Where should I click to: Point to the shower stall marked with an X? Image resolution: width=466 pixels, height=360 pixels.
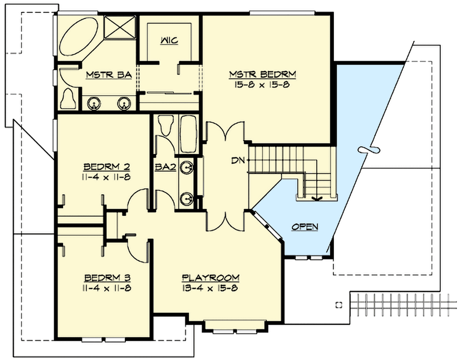point(120,27)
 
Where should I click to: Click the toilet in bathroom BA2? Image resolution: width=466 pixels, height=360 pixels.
point(166,126)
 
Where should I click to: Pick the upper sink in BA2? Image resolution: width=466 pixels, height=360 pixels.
point(189,167)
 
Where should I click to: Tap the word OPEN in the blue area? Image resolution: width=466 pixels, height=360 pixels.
point(304,226)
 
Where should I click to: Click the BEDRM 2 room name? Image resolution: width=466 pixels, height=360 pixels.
point(106,167)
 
